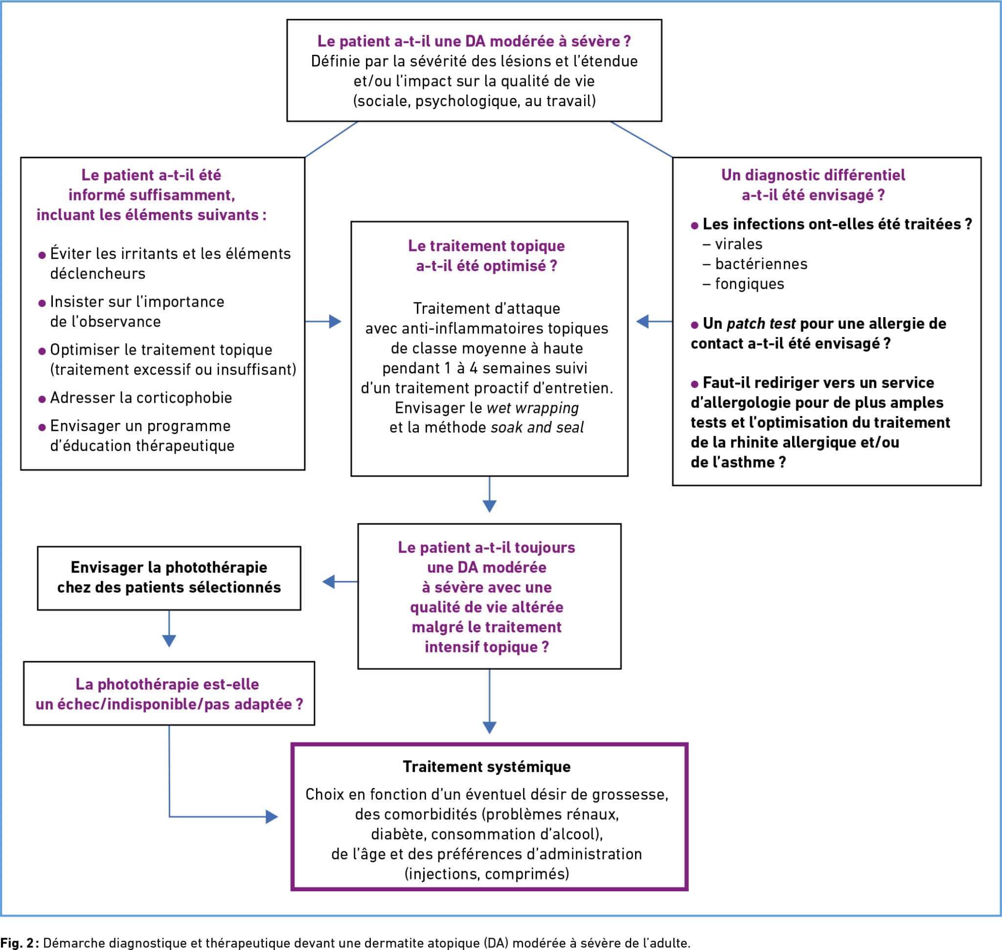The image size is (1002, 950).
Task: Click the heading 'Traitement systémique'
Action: (487, 766)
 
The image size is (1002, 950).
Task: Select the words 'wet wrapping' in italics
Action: (532, 408)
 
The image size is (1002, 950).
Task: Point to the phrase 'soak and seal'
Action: (537, 427)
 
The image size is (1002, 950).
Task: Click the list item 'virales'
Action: (738, 244)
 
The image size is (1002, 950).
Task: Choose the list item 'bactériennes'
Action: (761, 264)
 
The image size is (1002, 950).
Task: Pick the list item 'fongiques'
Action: (750, 284)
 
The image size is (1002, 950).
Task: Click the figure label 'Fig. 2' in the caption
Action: (17, 942)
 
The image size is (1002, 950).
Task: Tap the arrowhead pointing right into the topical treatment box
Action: (335, 322)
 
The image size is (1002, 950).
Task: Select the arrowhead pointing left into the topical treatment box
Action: (642, 321)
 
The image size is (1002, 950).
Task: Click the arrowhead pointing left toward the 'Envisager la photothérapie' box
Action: (329, 582)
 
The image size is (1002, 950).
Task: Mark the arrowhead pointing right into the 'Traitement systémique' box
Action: (272, 817)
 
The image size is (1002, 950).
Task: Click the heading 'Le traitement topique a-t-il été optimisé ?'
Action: (487, 255)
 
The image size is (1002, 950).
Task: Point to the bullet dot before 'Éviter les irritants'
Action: (42, 255)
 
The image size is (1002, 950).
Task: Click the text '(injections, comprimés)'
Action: (487, 874)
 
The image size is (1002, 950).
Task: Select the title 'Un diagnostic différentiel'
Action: (813, 175)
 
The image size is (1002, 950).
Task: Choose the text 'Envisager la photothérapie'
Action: (169, 567)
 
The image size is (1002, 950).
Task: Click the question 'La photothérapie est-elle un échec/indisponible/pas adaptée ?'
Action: (169, 695)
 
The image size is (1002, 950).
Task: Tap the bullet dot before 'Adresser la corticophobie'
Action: (42, 399)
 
